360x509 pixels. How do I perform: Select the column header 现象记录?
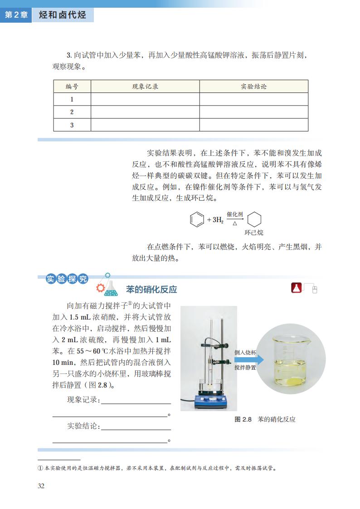(x=145, y=87)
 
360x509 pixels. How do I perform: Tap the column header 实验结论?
(x=253, y=87)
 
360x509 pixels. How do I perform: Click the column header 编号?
(x=72, y=87)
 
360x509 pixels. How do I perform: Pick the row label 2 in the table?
(x=72, y=112)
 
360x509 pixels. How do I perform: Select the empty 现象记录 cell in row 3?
(x=145, y=125)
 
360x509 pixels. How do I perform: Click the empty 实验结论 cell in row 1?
(x=253, y=99)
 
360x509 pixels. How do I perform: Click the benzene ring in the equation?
(x=195, y=220)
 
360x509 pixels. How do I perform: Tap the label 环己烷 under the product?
(x=254, y=233)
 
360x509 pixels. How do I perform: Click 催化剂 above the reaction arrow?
(x=235, y=214)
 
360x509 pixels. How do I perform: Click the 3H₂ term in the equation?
(x=216, y=220)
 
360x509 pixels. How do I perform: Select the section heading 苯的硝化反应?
(x=151, y=290)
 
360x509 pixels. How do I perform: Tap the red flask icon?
(x=296, y=288)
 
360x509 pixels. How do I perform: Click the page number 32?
(x=41, y=486)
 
